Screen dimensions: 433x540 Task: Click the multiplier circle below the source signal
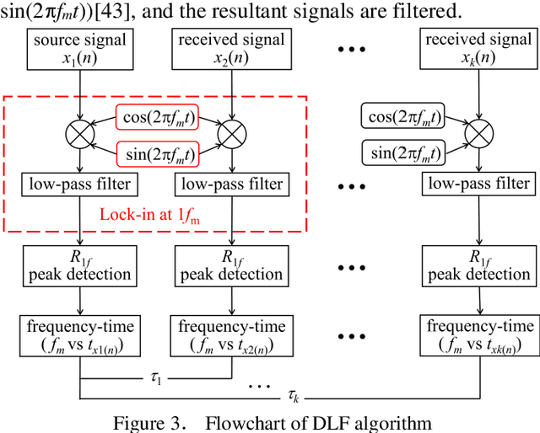coord(79,133)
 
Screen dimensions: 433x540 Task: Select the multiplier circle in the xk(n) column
coord(478,133)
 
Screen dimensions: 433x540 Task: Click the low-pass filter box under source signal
coord(79,184)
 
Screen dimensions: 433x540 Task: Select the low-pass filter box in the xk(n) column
coord(478,184)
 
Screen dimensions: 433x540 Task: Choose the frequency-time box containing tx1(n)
coord(79,334)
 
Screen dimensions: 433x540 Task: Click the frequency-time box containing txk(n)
coord(478,334)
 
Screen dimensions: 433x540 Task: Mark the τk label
coord(293,394)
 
